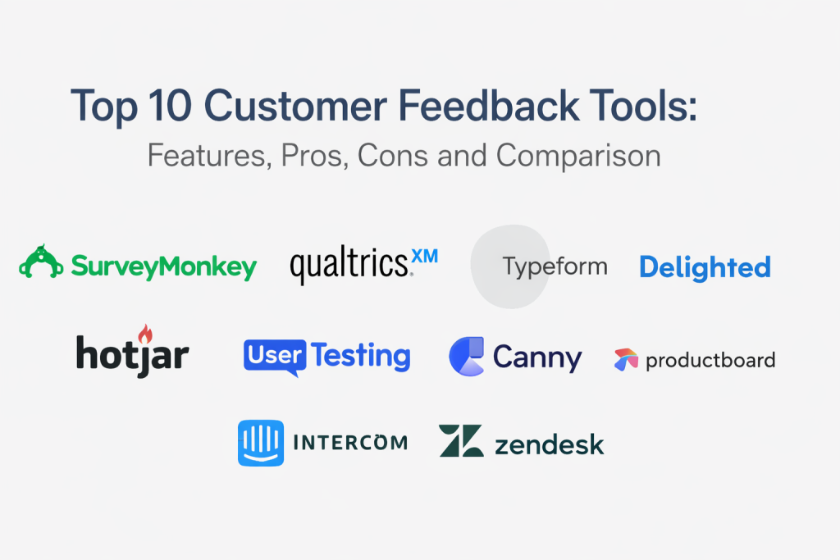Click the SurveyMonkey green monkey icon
point(41,262)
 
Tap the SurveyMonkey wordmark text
point(164,266)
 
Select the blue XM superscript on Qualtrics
point(425,256)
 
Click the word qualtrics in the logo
point(350,265)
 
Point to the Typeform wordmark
point(555,266)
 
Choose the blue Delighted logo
point(705,267)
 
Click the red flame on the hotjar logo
point(145,334)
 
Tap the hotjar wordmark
point(132,354)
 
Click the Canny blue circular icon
point(467,356)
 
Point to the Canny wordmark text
point(537,358)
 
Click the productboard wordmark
point(710,360)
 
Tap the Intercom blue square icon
point(261,443)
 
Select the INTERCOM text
point(350,443)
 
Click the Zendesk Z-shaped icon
point(461,440)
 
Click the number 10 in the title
point(169,106)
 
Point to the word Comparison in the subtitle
point(578,157)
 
